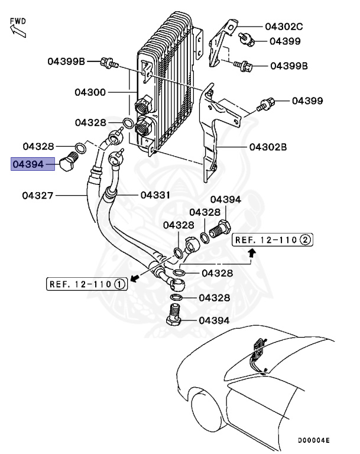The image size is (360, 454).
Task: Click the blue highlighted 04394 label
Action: tap(33, 163)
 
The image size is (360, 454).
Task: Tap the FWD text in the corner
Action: tap(18, 21)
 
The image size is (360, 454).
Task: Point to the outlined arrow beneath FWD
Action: tap(17, 31)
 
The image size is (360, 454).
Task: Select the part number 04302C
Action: tap(284, 27)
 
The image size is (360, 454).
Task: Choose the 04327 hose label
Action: tap(40, 194)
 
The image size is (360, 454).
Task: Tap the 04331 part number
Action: tap(156, 194)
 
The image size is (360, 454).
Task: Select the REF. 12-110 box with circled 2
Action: tap(273, 239)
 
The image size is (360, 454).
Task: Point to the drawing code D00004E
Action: tap(313, 440)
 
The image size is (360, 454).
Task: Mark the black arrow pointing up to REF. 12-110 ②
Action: tap(252, 254)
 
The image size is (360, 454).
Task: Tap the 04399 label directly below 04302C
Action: tap(285, 41)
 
